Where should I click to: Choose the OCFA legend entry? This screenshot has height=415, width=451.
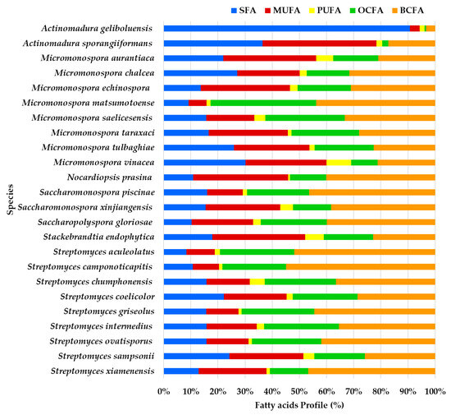pyautogui.click(x=378, y=9)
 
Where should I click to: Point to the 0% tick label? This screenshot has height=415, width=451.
pyautogui.click(x=164, y=390)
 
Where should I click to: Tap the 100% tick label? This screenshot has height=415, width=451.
pyautogui.click(x=434, y=390)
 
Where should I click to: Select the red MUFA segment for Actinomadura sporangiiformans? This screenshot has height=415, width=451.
pyautogui.click(x=319, y=43)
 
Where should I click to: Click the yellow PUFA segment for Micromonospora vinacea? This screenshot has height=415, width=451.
pyautogui.click(x=339, y=162)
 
